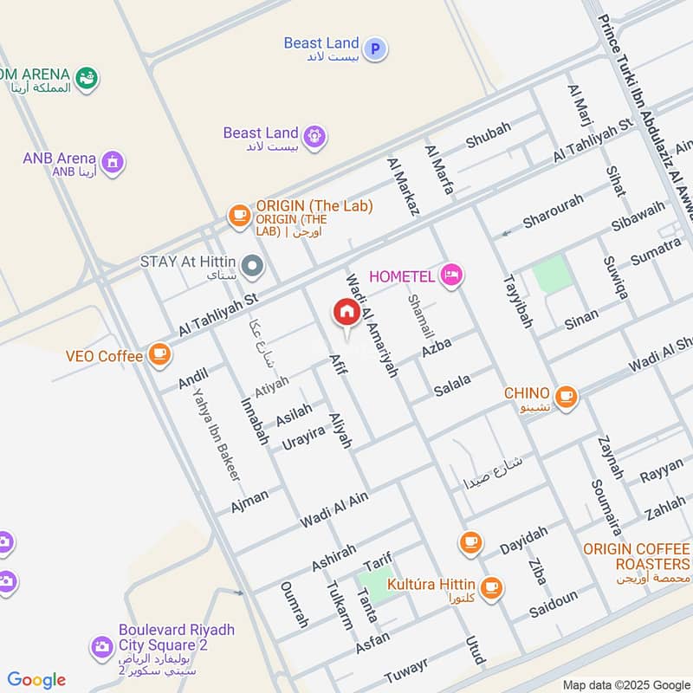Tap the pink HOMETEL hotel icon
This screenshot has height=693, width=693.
click(x=451, y=276)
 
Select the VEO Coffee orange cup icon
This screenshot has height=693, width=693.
click(x=159, y=353)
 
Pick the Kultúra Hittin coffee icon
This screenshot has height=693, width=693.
click(x=490, y=587)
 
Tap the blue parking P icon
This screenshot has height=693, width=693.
click(x=374, y=49)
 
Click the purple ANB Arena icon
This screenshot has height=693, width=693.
click(x=112, y=161)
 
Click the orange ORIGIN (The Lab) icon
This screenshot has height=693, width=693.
click(x=238, y=213)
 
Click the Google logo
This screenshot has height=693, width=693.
click(x=36, y=680)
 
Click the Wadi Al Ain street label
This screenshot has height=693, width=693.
click(x=334, y=509)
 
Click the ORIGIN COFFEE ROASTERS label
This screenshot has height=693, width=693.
click(x=637, y=556)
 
